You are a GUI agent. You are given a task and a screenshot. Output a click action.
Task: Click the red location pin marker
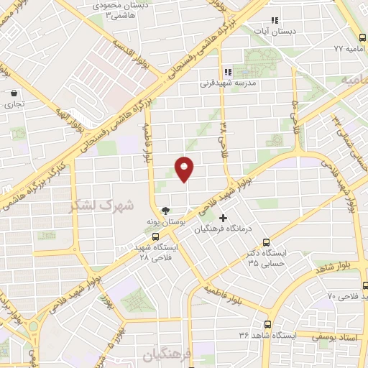185,169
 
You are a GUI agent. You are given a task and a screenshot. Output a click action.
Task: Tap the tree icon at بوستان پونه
166,211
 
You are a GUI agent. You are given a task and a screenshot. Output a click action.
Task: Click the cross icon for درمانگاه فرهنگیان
223,218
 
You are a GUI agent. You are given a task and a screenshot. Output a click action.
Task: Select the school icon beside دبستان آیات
273,21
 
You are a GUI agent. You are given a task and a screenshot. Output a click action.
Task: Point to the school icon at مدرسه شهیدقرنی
228,72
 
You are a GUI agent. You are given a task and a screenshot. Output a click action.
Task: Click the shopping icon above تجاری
14,93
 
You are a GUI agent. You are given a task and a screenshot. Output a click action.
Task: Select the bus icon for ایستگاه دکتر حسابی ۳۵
267,242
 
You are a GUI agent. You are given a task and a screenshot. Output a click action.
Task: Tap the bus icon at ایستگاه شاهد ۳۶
267,323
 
